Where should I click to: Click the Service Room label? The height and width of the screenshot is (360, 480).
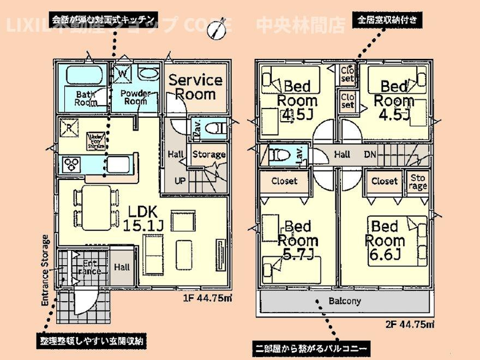[195, 87]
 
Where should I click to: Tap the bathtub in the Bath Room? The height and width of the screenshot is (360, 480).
[85, 74]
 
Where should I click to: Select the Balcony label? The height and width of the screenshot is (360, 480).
[344, 301]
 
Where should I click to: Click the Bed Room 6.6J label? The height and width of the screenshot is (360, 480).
[385, 240]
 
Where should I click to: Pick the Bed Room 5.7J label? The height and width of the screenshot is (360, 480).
[298, 240]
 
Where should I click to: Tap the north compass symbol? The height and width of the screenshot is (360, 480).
[217, 31]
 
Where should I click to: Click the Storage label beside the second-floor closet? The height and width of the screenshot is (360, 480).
[418, 182]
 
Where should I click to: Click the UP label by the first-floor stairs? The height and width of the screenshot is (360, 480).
[179, 181]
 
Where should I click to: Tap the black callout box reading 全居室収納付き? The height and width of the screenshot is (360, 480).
[388, 21]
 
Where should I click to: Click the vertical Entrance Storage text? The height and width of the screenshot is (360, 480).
[45, 269]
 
